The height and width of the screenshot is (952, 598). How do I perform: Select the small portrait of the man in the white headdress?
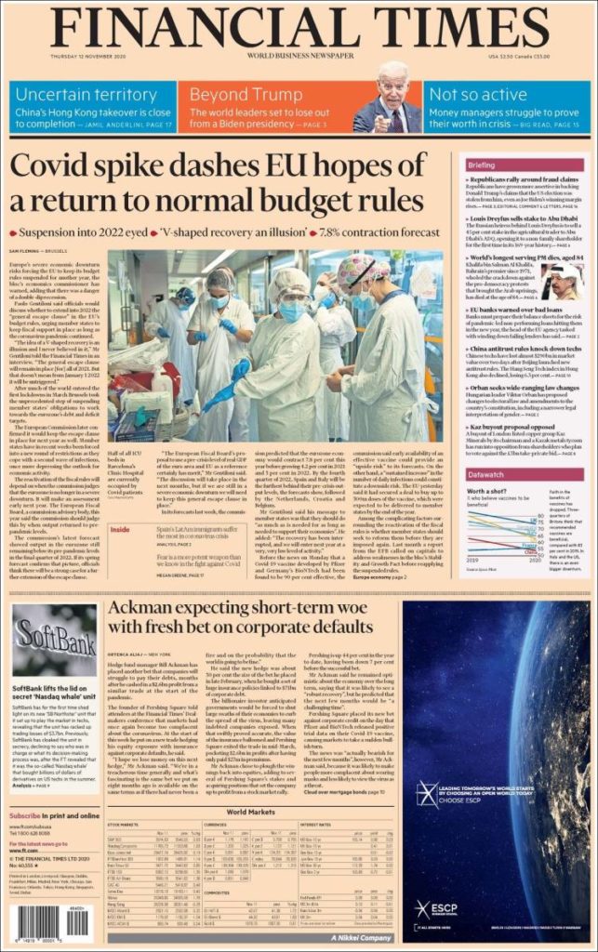pos(565,281)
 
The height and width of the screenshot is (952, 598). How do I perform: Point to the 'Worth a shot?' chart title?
pos(487,490)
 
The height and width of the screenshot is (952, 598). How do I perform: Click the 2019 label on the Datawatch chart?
pos(473,561)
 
